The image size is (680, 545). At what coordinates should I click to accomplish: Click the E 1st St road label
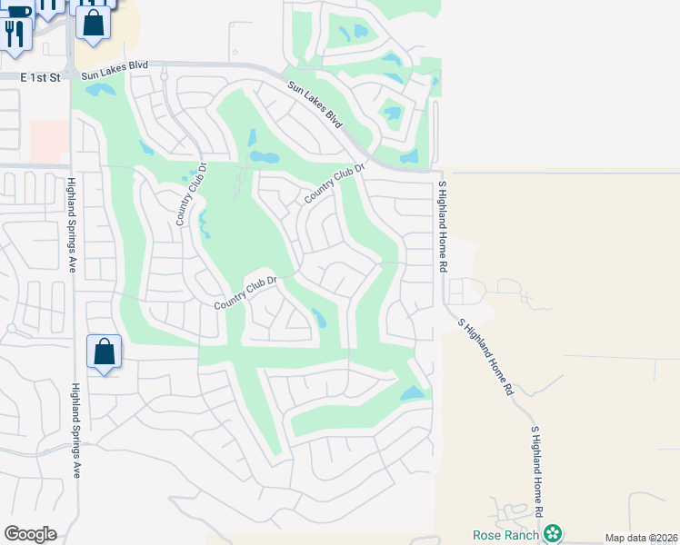coord(40,78)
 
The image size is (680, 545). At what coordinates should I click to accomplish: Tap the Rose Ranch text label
coord(506,533)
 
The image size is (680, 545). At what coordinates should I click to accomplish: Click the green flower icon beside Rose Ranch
coord(553,533)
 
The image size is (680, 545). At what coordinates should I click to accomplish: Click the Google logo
coord(30,533)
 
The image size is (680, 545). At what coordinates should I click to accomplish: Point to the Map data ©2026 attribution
coord(641,538)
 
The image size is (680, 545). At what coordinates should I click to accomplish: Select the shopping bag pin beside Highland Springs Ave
coord(104,352)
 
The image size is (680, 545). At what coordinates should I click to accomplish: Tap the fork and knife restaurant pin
coord(14,34)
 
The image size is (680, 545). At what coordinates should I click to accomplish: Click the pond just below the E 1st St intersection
coord(100,91)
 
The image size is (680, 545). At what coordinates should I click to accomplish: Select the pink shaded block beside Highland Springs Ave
coord(49,140)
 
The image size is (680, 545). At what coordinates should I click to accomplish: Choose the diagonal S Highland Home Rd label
coord(486,355)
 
